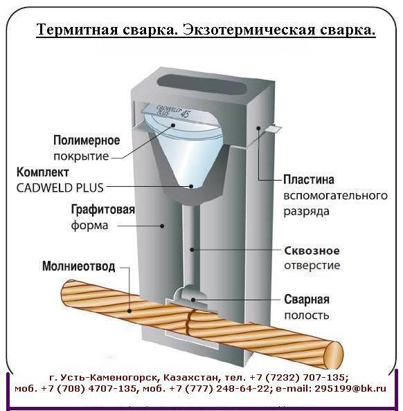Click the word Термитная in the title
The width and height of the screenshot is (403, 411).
tap(78, 29)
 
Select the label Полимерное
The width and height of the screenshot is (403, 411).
tap(87, 140)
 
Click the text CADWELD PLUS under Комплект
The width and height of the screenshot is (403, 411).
tap(60, 188)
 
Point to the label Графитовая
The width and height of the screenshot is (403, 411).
tap(103, 210)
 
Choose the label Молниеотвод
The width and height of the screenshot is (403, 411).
tap(79, 266)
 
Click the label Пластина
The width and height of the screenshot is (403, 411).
tap(309, 180)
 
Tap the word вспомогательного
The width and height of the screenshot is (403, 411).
tap(336, 196)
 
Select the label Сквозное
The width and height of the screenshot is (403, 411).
tap(312, 251)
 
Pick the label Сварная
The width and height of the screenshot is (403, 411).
tap(307, 300)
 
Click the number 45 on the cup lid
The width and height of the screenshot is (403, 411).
tap(185, 113)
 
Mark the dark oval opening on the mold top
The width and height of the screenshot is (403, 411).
tap(202, 85)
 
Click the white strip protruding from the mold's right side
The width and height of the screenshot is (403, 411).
tap(274, 129)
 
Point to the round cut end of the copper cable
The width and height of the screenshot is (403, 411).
tap(333, 353)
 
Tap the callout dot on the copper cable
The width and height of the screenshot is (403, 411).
tap(129, 311)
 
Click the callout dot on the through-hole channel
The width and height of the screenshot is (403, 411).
tap(192, 250)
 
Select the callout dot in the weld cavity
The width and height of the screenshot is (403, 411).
tap(193, 300)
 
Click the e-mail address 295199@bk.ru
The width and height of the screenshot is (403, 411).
tap(350, 388)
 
